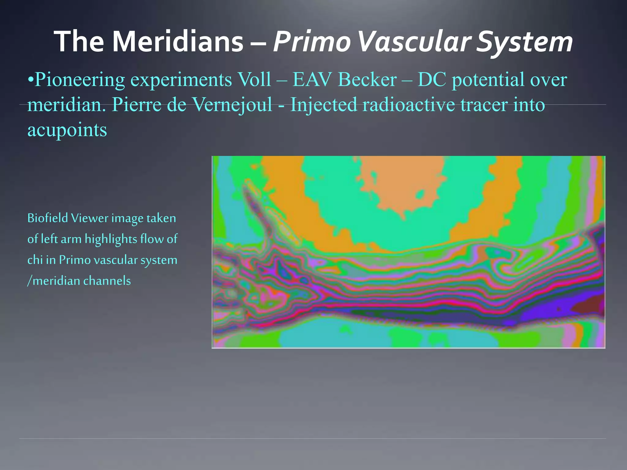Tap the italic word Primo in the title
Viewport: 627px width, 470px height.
(312, 42)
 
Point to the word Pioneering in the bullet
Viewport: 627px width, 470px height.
(80, 80)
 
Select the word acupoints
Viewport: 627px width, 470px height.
(67, 130)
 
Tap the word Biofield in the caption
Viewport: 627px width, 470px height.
(47, 218)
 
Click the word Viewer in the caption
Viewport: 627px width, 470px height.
(90, 218)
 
